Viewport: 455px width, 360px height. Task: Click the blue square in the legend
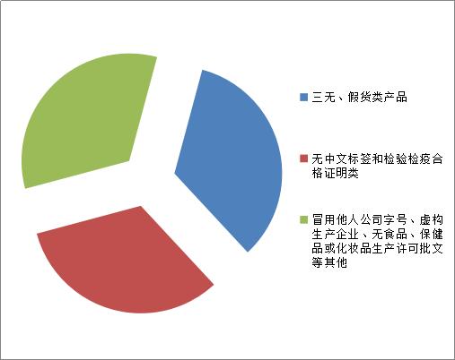pos(303,97)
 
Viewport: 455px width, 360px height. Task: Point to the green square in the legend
pos(303,219)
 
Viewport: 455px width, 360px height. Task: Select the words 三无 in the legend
pos(322,97)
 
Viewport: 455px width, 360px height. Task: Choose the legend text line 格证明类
pos(334,174)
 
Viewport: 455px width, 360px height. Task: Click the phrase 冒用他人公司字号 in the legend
pos(354,219)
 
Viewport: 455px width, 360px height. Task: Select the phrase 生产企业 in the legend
pos(333,233)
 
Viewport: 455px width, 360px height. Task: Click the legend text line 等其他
pos(328,263)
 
